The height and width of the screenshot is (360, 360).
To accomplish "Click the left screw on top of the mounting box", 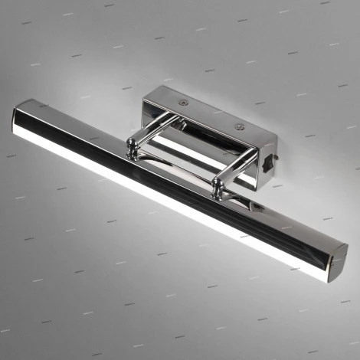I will tap(182, 101).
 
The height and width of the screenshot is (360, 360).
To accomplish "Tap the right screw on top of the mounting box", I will tap(240, 126).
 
